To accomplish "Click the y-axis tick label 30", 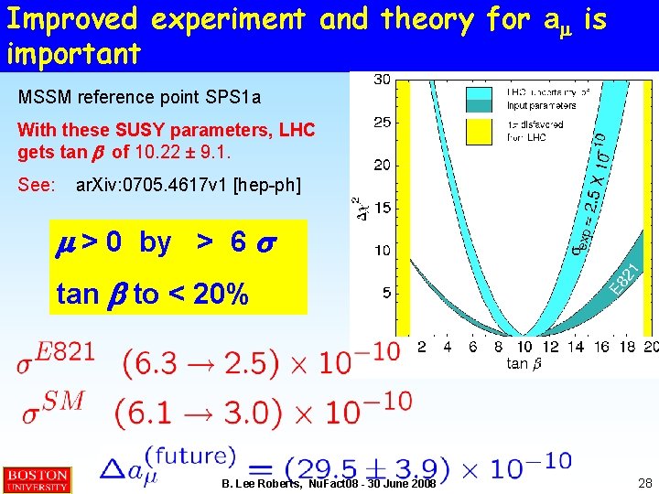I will pos(382,81).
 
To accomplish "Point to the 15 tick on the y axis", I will pos(382,208).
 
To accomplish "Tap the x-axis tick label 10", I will pos(524,347).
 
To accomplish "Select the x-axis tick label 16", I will pos(600,347).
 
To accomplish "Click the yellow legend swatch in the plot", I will pos(479,130).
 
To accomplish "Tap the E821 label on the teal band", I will pos(624,279).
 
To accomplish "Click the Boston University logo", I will pos(37,479).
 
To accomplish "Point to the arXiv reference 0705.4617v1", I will pos(188,186).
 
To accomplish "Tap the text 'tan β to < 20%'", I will pos(151,294).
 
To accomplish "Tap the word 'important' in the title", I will pos(73,53).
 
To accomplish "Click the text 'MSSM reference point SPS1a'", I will pos(139,97).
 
